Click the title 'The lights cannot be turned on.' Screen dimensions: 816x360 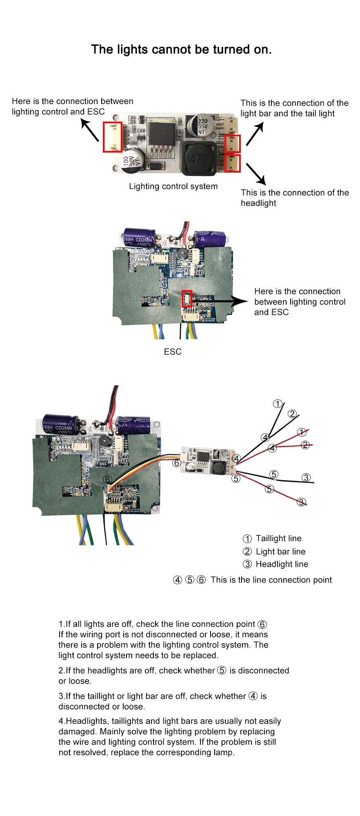pos(181,49)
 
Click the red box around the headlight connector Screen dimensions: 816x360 pos(233,163)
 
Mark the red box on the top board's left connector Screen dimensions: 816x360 pos(112,137)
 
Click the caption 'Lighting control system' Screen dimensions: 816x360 pos(173,186)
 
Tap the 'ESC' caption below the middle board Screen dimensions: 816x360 pos(172,352)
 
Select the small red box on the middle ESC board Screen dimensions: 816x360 pos(187,299)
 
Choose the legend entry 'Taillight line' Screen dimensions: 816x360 pos(278,539)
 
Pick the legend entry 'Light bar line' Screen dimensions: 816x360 pos(280,552)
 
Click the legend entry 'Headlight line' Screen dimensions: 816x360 pos(282,564)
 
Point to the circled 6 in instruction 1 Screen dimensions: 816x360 pos(262,624)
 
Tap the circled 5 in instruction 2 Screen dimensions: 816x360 pos(222,670)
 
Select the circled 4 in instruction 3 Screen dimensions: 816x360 pos(253,696)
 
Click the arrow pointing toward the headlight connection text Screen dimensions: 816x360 pos(256,174)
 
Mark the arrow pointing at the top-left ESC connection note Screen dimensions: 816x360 pos(90,130)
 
